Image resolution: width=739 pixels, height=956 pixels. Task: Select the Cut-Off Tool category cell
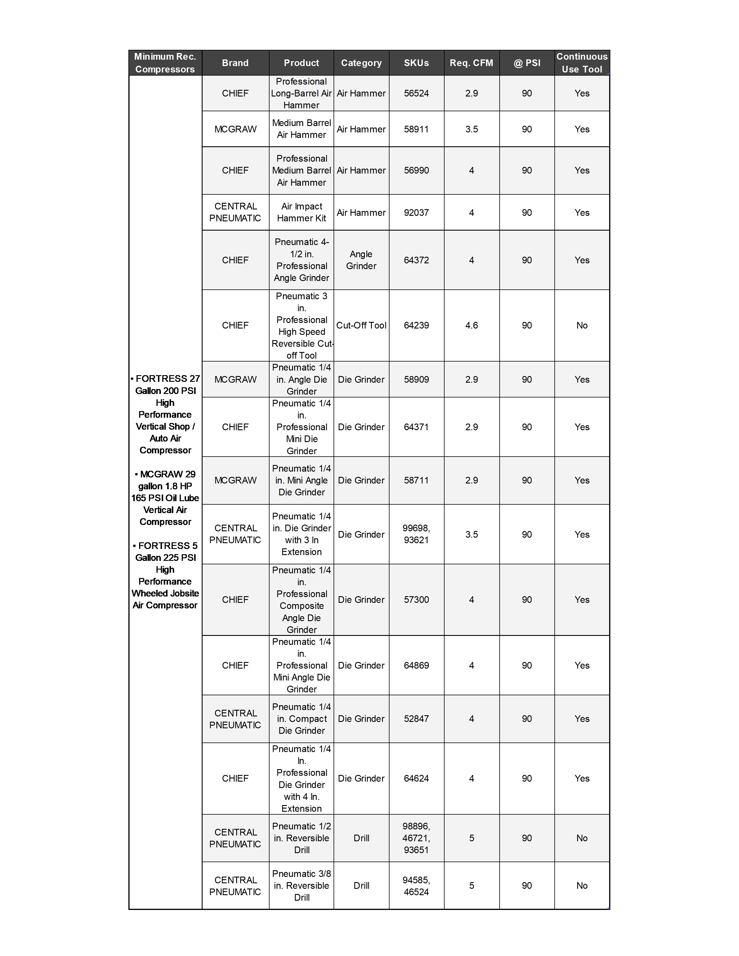click(361, 325)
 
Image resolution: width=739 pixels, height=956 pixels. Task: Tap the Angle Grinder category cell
click(361, 260)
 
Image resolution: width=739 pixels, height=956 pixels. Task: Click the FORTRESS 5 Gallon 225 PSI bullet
click(165, 575)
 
